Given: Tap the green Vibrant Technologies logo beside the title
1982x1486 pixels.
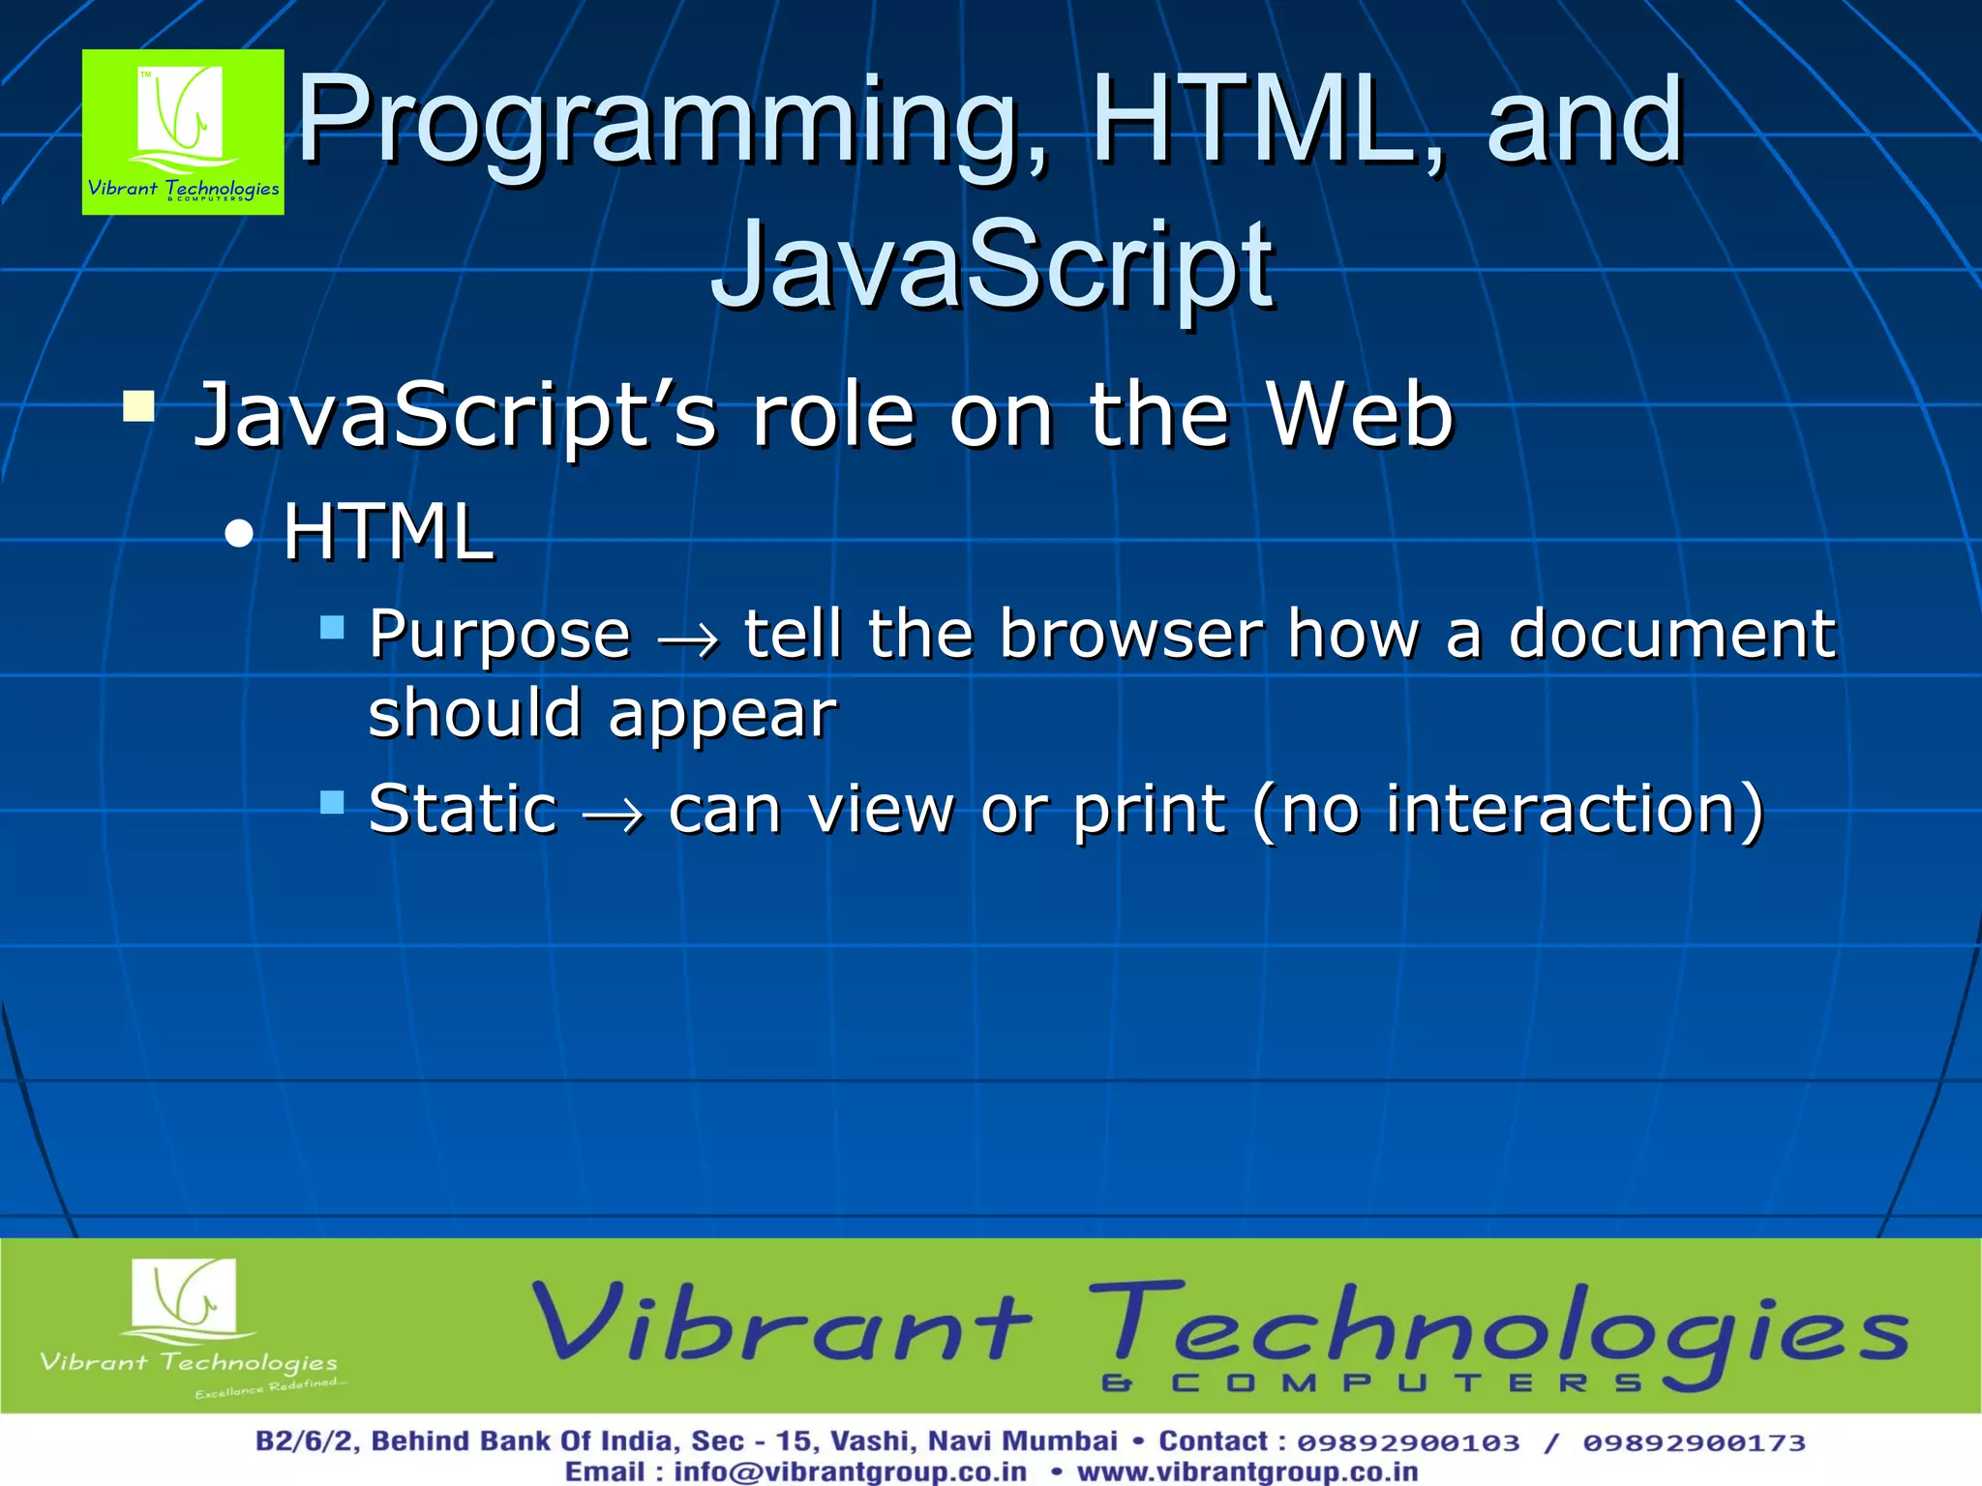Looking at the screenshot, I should tap(183, 133).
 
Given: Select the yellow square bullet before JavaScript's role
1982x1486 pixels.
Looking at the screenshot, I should tap(139, 406).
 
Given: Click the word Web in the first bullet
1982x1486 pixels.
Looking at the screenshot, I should tap(1360, 415).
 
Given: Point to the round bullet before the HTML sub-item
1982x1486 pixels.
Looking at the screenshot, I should tap(238, 534).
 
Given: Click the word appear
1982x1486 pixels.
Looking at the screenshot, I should tap(722, 716).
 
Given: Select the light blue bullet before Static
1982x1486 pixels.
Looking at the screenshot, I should tap(333, 802).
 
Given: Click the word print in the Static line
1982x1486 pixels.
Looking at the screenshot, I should tap(1150, 811).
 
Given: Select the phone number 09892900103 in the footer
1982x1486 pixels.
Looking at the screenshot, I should tap(1408, 1442).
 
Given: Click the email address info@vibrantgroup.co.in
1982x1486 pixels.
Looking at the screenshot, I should tap(850, 1471).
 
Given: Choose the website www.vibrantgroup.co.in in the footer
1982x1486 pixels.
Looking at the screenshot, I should tap(1247, 1471).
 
